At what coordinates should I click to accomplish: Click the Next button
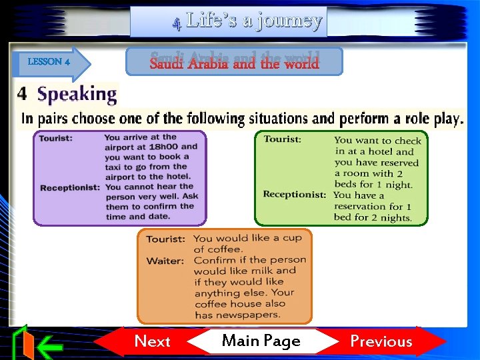[x=152, y=341]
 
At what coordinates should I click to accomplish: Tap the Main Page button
[x=261, y=341]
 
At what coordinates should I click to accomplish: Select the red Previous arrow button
[x=381, y=341]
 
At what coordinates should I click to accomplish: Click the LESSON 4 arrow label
[x=50, y=62]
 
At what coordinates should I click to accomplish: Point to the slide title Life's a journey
[x=254, y=21]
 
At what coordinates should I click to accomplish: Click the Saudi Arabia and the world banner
[x=234, y=63]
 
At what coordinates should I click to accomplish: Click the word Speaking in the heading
[x=77, y=95]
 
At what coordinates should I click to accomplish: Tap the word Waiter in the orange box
[x=165, y=261]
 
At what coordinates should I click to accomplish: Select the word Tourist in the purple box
[x=56, y=138]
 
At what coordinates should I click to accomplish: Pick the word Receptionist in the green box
[x=295, y=195]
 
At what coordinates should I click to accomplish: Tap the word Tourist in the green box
[x=282, y=139]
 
